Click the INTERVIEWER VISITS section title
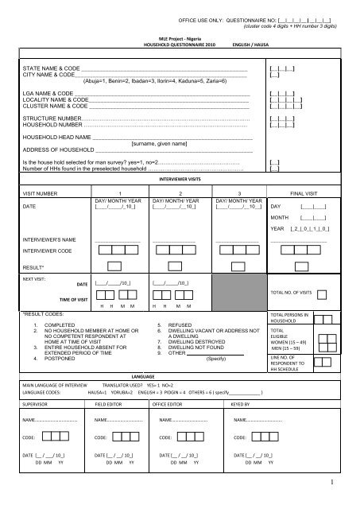pyautogui.click(x=180, y=181)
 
